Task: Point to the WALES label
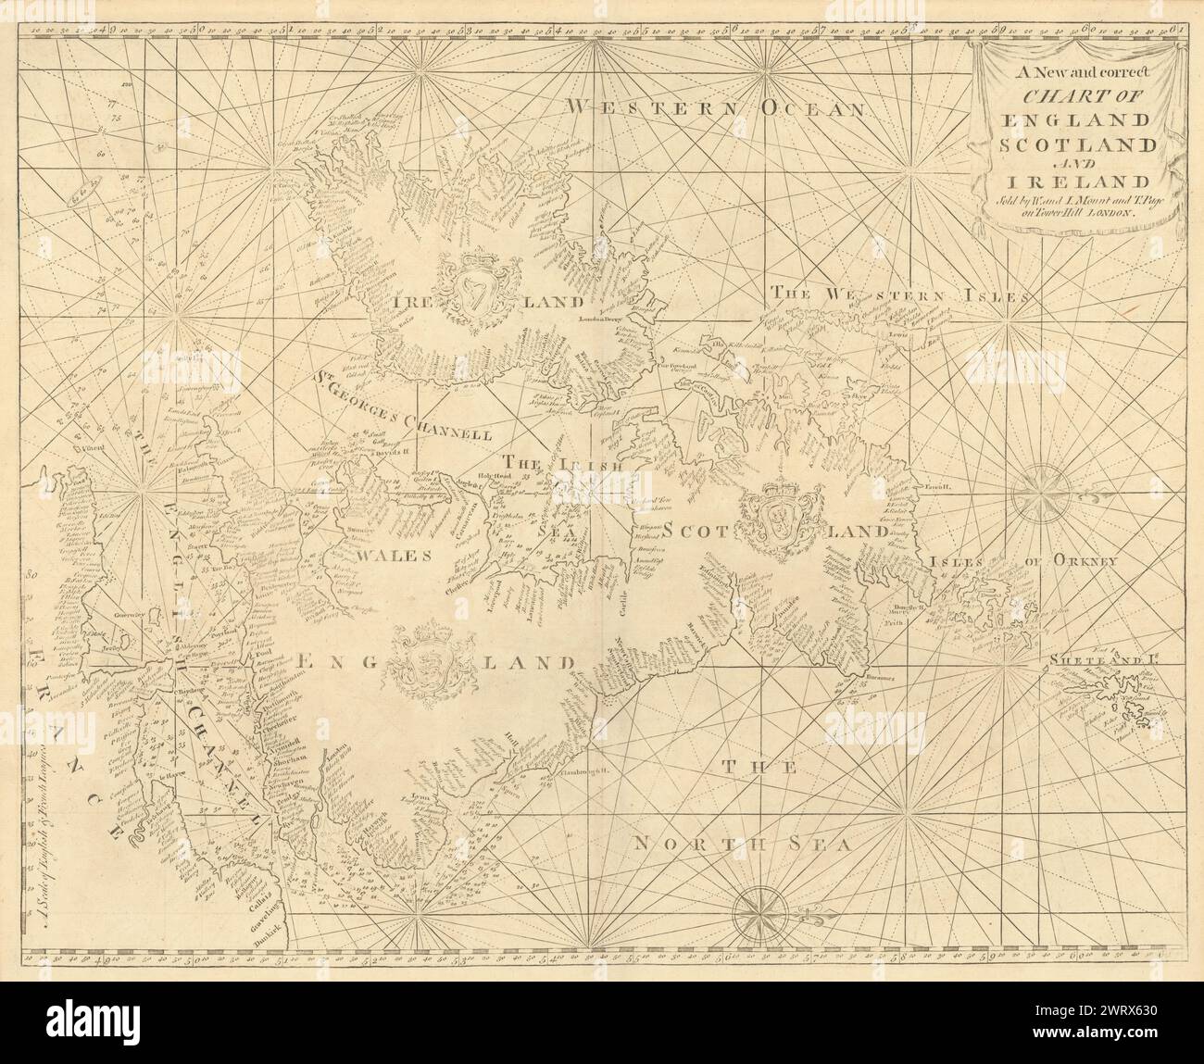click(x=395, y=557)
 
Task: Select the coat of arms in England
click(x=425, y=663)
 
